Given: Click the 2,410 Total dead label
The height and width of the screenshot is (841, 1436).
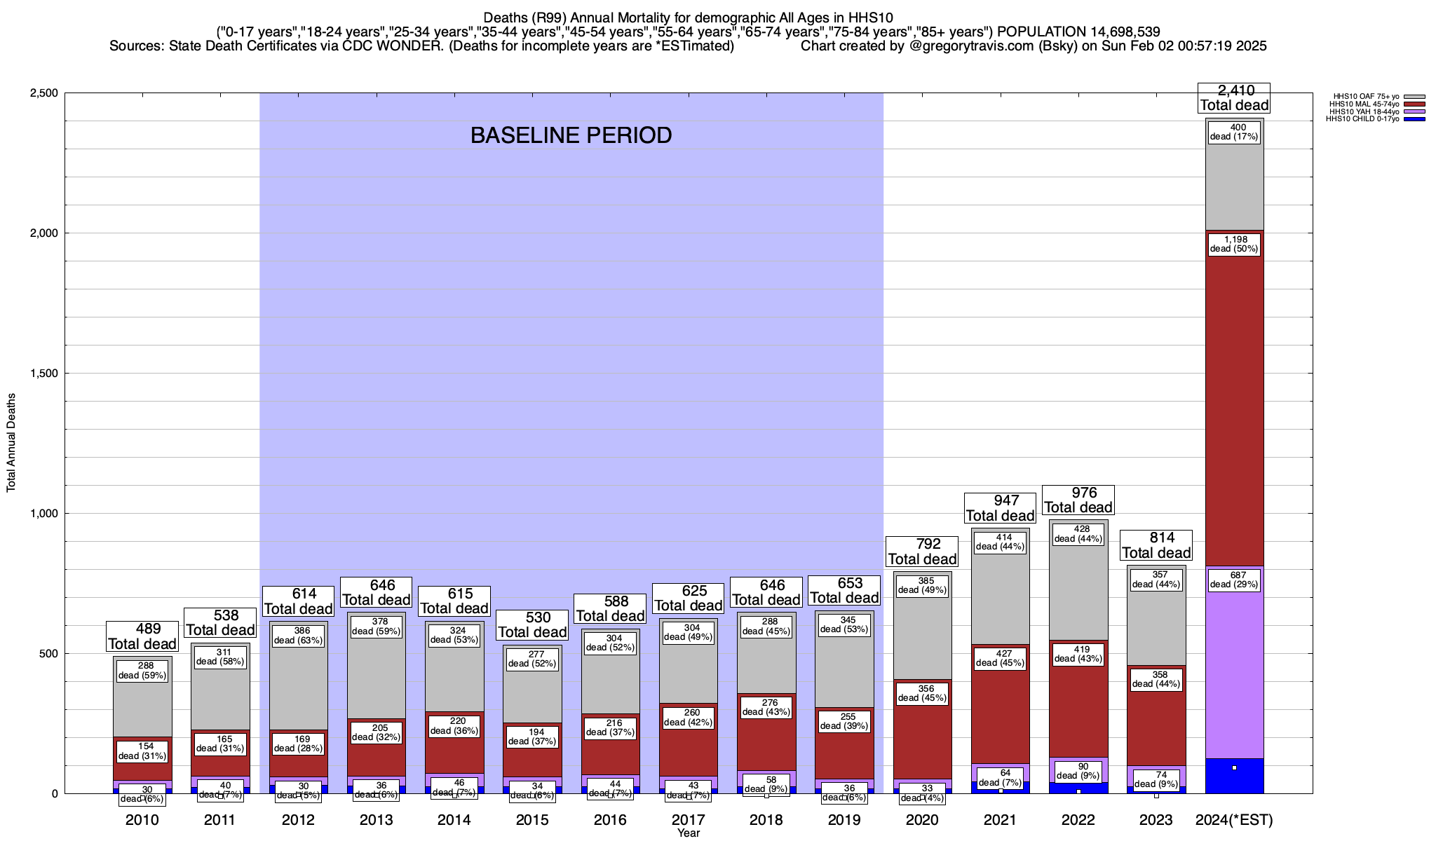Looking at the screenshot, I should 1234,98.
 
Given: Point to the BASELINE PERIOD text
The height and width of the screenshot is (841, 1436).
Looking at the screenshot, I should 571,135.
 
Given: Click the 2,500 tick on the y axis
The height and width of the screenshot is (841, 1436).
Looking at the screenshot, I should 45,93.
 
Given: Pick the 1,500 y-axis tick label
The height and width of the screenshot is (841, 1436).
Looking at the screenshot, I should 45,374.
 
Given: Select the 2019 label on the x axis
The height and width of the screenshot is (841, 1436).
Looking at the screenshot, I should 844,820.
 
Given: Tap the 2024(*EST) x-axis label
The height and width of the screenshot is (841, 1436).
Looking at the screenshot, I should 1234,820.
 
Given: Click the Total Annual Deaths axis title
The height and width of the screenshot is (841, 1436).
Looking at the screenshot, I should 11,442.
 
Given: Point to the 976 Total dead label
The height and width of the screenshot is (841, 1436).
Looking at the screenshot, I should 1078,500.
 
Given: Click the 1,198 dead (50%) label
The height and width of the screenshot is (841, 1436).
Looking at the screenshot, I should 1234,244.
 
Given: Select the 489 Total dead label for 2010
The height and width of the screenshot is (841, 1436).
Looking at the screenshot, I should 142,636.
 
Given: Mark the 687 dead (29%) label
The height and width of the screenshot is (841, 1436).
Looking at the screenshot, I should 1234,580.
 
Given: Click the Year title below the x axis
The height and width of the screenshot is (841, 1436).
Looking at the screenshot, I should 689,833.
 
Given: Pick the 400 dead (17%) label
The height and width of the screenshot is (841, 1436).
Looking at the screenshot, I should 1234,132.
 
